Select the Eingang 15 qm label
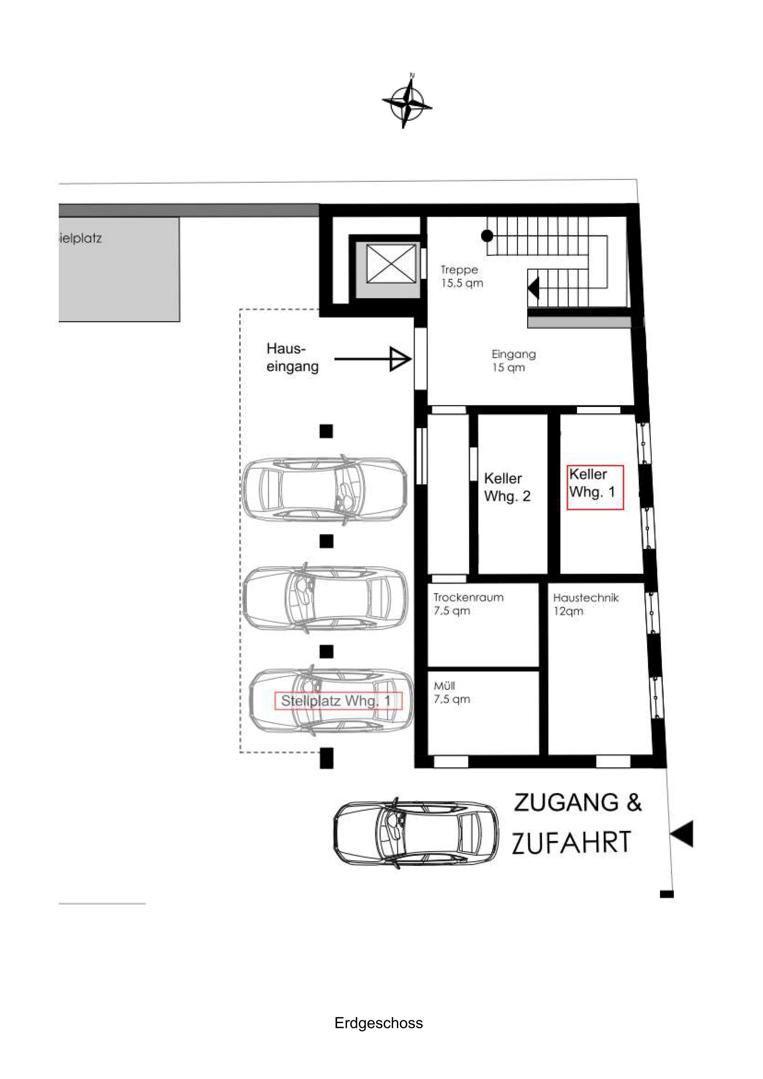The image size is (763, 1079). (x=514, y=360)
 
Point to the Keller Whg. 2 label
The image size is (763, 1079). (x=507, y=487)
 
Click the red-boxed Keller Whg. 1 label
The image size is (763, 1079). (x=595, y=487)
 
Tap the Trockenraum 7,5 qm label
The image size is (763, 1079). (x=468, y=604)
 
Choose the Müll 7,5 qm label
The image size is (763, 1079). (x=451, y=692)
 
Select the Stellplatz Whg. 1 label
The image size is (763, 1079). (x=338, y=701)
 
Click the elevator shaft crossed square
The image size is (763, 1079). (x=391, y=264)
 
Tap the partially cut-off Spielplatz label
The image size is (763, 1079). (x=80, y=238)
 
